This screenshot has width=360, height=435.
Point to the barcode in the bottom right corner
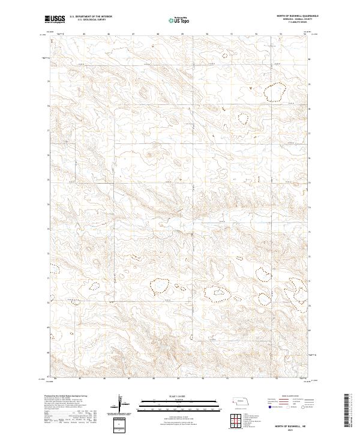[x=351, y=414]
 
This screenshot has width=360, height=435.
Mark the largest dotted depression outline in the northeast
[x=276, y=92]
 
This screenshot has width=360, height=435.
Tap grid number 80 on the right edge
[x=310, y=59]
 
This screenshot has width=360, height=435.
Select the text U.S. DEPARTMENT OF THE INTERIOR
[x=91, y=17]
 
